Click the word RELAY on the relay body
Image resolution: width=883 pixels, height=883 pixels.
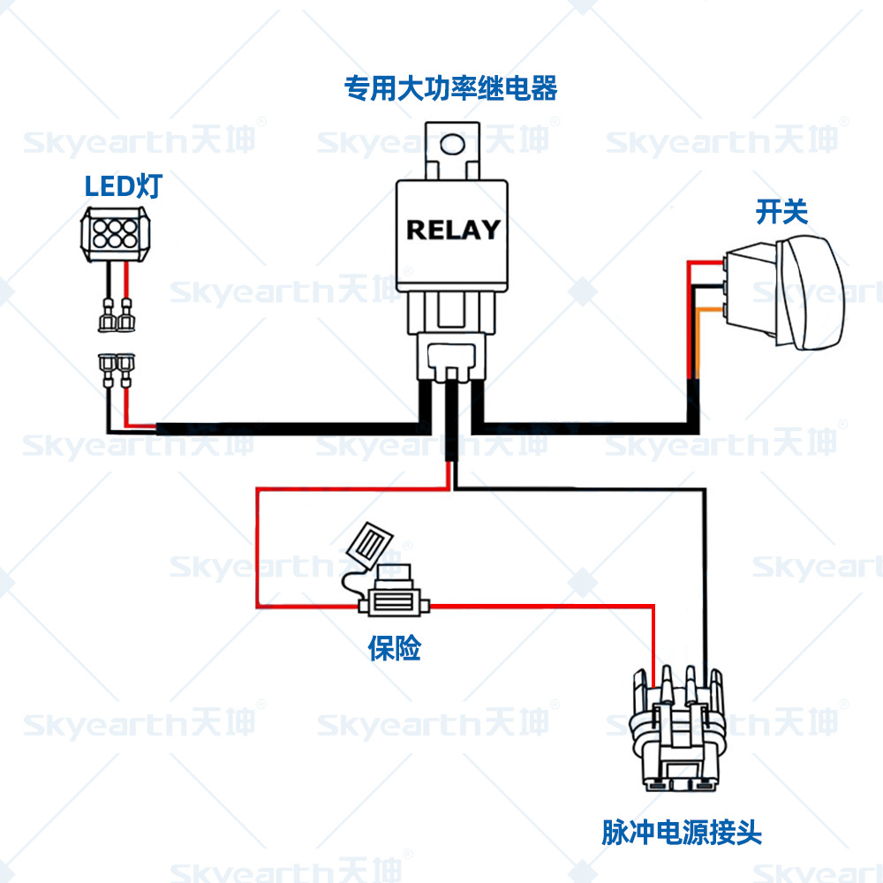click(x=453, y=230)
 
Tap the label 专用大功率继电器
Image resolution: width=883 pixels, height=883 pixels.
click(x=451, y=89)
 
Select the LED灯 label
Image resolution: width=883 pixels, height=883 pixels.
click(x=124, y=186)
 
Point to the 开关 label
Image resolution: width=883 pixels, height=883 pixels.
click(x=781, y=212)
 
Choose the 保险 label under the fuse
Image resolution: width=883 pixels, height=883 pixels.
click(x=395, y=649)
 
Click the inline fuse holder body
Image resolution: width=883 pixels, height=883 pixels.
click(x=394, y=604)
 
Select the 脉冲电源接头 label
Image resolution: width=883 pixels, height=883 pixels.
click(x=682, y=832)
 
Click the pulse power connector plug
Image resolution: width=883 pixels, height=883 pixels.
click(x=677, y=733)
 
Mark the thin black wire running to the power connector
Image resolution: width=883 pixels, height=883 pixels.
click(x=704, y=574)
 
